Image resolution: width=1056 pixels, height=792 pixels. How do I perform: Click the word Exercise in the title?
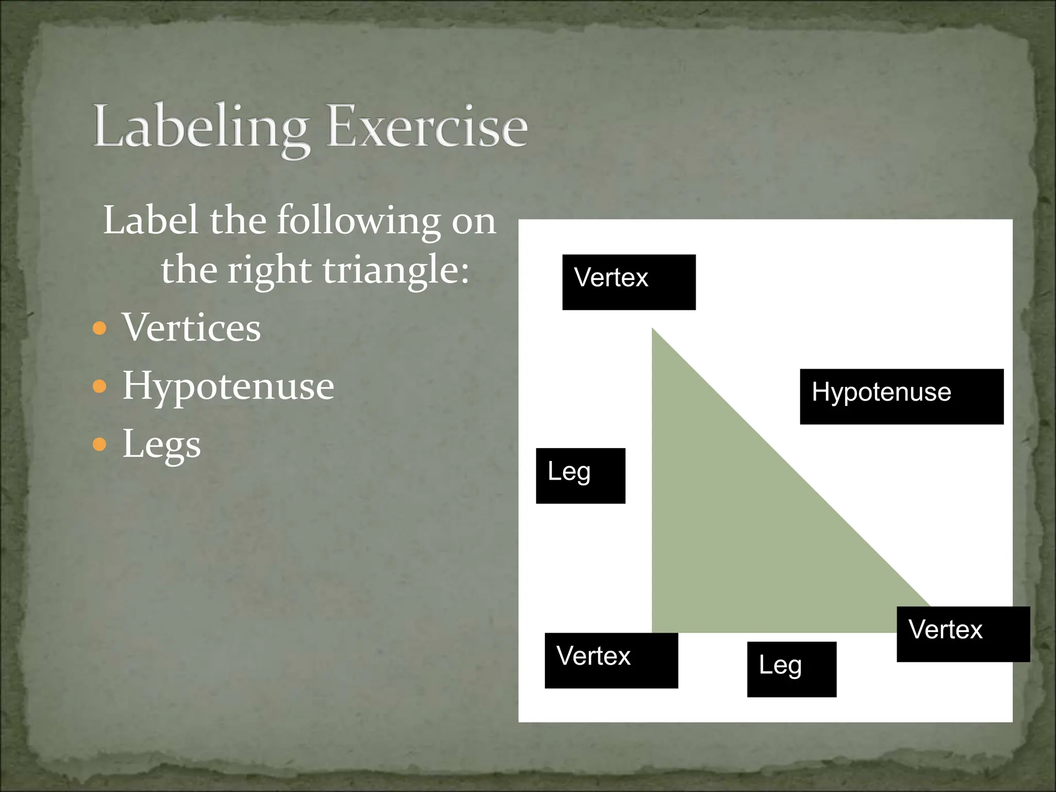(x=427, y=126)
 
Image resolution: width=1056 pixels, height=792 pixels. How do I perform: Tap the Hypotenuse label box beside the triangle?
(x=901, y=396)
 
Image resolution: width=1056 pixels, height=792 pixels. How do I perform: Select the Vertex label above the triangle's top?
(x=629, y=282)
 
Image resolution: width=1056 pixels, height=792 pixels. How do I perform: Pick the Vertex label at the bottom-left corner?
(x=611, y=660)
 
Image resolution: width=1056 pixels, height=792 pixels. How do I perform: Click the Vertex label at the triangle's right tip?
(x=963, y=634)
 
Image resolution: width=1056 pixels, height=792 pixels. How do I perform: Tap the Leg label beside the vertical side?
(x=580, y=475)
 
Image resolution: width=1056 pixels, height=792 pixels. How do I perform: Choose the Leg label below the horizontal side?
(x=791, y=669)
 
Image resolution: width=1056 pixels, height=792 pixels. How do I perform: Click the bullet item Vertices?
(x=191, y=328)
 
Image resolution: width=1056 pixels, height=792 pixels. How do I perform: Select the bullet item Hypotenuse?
(x=228, y=386)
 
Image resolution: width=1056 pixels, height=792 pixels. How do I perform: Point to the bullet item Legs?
(x=161, y=444)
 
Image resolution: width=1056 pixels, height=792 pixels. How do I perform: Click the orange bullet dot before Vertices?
(x=100, y=328)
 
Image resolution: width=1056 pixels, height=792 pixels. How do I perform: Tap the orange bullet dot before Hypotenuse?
(x=100, y=386)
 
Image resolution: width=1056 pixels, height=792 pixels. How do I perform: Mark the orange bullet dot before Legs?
(x=100, y=444)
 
